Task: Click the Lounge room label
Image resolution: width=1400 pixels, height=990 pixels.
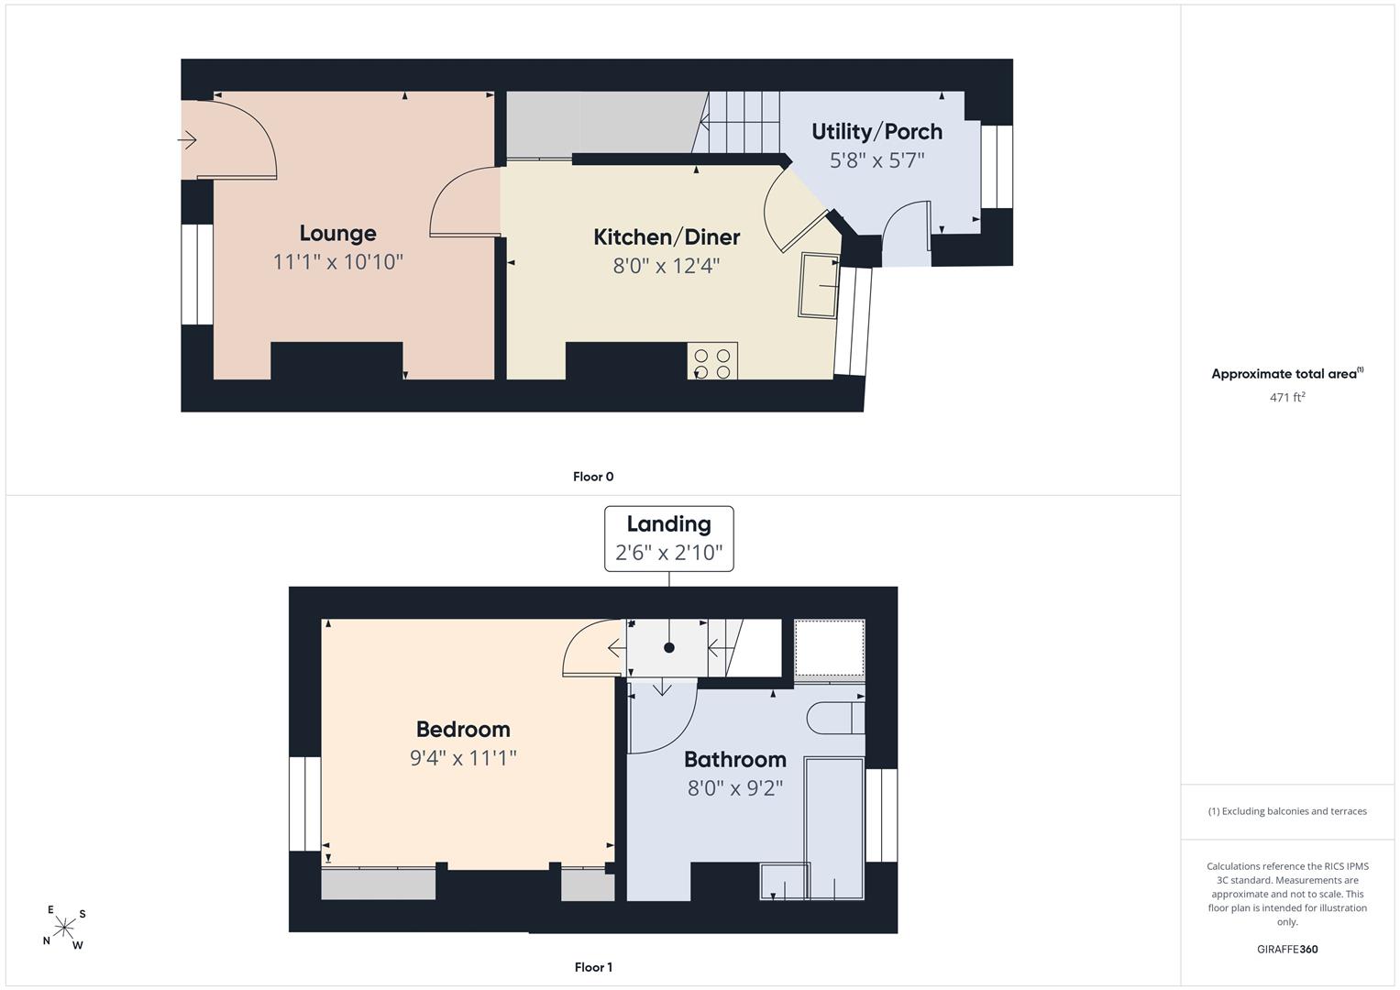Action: pos(337,233)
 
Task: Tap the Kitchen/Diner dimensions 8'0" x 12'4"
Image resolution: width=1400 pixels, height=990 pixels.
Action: pos(667,266)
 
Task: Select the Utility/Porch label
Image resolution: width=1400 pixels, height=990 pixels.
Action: pos(876,132)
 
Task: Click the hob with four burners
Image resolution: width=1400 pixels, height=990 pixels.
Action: pos(712,360)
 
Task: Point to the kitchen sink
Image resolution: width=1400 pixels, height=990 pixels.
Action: pos(819,286)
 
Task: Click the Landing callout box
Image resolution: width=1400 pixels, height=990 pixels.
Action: pos(668,539)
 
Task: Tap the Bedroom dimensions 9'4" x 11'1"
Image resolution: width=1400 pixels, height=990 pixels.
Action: pos(463,758)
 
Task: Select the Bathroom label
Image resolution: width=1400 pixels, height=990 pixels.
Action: pos(735,759)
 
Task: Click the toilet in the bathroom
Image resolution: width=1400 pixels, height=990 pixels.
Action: pos(835,718)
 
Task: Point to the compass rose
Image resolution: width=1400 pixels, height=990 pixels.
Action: pos(64,928)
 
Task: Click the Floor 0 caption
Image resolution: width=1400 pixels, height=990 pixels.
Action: pos(593,477)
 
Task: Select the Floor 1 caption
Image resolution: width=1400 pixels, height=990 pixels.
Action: pos(593,967)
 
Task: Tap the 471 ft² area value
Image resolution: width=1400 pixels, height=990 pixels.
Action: pos(1287,397)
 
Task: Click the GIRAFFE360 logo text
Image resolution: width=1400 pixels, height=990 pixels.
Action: pos(1287,949)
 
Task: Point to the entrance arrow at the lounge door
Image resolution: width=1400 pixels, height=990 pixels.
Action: pos(187,139)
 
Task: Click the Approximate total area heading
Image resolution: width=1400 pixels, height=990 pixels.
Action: pos(1287,373)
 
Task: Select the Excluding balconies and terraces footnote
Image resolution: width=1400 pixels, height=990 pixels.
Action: pos(1287,811)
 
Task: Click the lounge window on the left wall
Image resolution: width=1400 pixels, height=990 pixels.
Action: pos(197,274)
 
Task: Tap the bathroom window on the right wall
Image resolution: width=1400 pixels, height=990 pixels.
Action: pos(881,815)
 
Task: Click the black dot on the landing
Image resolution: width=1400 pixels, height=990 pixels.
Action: pos(668,647)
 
